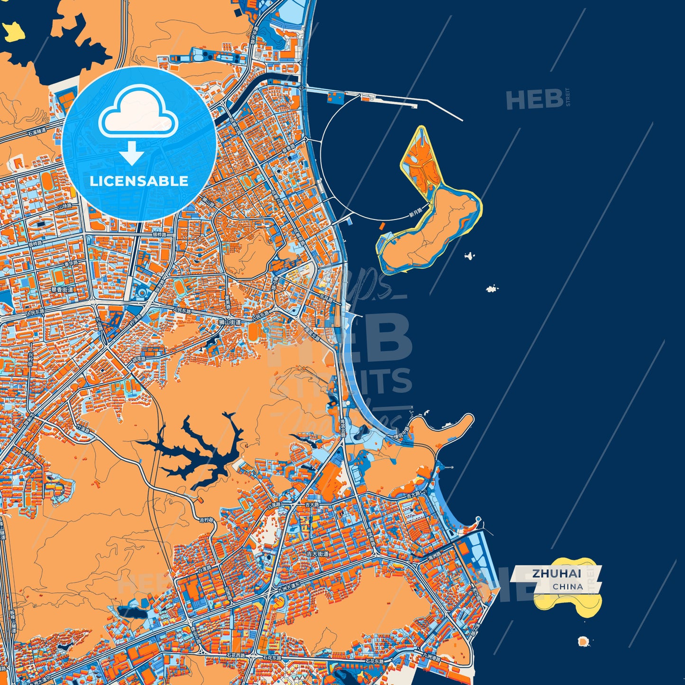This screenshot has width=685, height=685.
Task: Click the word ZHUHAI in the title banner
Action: pos(556,573)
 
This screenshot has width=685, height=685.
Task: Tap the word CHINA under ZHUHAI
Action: pos(567,586)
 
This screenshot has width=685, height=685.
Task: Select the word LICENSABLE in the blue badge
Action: pos(139,181)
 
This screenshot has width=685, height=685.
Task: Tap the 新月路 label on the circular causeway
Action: pos(415,214)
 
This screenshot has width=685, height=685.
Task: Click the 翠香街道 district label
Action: pos(63,290)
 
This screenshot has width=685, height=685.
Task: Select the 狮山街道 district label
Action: pos(230,322)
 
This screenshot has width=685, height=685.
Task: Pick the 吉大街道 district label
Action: pos(317,554)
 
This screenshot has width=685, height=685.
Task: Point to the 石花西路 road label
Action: pos(236,656)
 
